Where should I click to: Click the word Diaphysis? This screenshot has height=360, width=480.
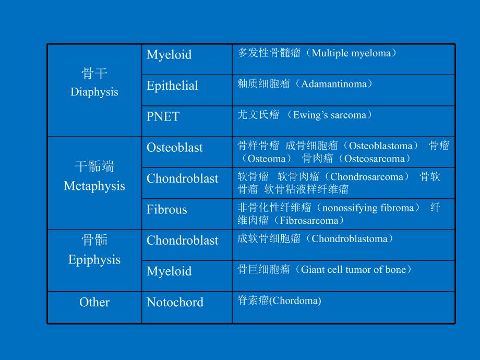coord(94,92)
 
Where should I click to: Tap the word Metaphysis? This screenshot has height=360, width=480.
coord(94,186)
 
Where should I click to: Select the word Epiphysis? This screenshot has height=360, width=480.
coord(94,260)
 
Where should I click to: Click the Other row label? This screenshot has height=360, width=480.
coord(94,302)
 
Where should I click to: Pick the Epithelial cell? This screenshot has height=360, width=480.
coord(172,86)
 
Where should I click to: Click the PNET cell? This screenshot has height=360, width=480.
coord(163,117)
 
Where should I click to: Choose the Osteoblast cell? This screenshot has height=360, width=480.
coord(175,148)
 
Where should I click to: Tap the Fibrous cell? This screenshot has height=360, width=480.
coord(166,210)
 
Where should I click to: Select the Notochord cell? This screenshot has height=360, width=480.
coord(175,302)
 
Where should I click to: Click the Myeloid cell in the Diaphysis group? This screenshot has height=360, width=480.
coord(169,55)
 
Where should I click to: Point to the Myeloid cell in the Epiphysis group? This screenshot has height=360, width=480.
coord(169,271)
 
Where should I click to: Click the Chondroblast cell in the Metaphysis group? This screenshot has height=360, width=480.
coord(182,178)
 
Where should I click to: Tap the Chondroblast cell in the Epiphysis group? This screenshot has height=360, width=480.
coord(182,241)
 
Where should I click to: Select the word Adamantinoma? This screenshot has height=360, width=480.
coord(334,84)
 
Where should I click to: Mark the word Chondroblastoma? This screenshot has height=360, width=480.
coord(349,239)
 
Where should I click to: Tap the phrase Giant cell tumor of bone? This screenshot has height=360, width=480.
coord(353,270)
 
